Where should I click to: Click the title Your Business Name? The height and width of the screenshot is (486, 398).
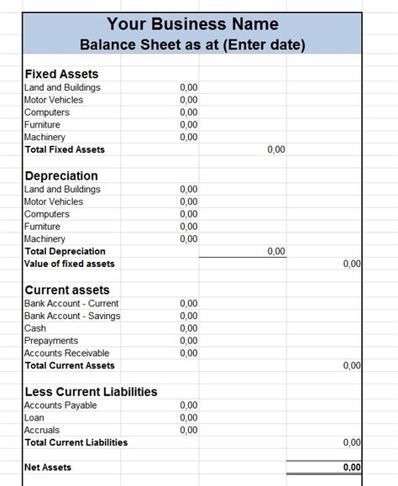(x=193, y=24)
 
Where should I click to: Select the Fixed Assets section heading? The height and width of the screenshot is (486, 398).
(x=61, y=74)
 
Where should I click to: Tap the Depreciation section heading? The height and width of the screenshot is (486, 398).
(x=61, y=175)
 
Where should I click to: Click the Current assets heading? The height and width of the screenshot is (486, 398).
(x=67, y=290)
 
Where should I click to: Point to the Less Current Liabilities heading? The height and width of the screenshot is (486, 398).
(x=91, y=391)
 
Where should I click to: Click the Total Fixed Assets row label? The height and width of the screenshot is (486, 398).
(x=65, y=149)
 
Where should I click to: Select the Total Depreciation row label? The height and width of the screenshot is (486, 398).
(x=65, y=251)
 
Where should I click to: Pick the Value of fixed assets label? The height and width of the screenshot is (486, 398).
(x=70, y=264)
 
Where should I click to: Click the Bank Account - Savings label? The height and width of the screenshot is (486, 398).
(x=72, y=316)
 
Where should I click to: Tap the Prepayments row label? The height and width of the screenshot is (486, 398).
(x=51, y=341)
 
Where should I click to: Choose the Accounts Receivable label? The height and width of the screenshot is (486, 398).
(x=67, y=353)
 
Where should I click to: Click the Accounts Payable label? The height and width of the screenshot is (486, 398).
(x=60, y=405)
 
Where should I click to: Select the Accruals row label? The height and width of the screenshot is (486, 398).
(x=42, y=430)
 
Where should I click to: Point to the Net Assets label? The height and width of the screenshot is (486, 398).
(x=48, y=467)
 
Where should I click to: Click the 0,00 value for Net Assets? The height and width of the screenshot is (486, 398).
(x=352, y=468)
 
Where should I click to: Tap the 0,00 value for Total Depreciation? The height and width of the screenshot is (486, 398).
(x=275, y=251)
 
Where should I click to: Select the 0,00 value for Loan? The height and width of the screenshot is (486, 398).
(x=188, y=418)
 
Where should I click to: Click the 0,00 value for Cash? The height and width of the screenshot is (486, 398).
(x=188, y=328)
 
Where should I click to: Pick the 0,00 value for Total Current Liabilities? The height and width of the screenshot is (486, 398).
(x=352, y=442)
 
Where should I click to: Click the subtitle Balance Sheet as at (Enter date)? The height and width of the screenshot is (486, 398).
(x=192, y=44)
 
